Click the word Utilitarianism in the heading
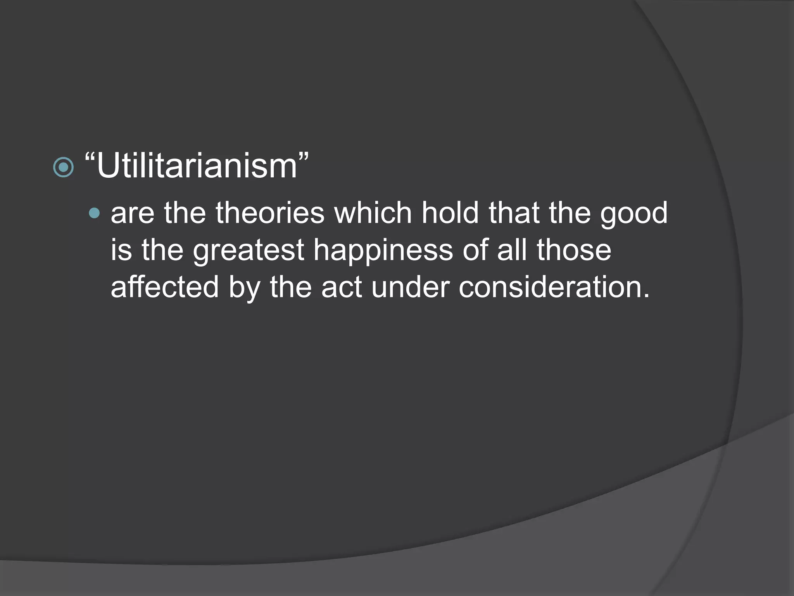(197, 166)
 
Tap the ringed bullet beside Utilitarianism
(63, 167)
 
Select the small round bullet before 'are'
(94, 213)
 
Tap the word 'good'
(634, 214)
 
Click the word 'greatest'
(248, 251)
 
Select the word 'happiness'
(383, 251)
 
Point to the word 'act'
(342, 288)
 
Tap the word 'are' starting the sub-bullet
(133, 214)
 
